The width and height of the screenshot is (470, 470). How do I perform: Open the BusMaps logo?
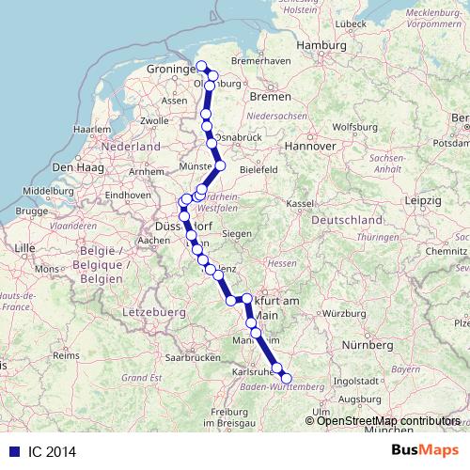(425, 451)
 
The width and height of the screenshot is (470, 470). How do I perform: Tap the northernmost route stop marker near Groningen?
(202, 66)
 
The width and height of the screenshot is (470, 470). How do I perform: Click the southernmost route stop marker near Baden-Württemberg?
(287, 379)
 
